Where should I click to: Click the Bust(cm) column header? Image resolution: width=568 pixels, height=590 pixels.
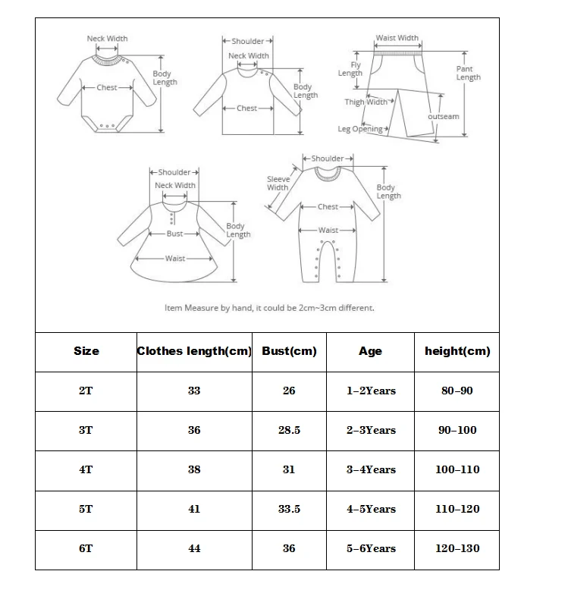[x=289, y=351]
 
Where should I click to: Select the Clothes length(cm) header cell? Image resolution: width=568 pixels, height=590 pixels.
[x=194, y=351]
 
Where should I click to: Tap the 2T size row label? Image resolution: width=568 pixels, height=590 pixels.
[x=86, y=391]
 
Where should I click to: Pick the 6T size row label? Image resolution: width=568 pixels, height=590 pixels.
[x=86, y=548]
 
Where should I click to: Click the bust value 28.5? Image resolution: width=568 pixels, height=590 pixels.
[x=289, y=430]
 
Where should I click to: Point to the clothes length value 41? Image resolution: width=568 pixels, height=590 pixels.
[x=194, y=509]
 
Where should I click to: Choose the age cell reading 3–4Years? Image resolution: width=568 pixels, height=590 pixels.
[x=371, y=469]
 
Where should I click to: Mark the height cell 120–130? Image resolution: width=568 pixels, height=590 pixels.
[x=457, y=548]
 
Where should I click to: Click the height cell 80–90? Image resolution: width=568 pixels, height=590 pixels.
[x=457, y=391]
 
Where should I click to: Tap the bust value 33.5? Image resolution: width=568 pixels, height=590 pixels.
[x=289, y=509]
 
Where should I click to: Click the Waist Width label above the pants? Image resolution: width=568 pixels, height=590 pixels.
[x=397, y=38]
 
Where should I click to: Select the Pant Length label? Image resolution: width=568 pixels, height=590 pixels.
[x=468, y=73]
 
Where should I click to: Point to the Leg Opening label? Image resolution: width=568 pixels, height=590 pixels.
[x=361, y=129]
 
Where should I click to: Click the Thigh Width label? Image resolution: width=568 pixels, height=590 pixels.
[x=366, y=102]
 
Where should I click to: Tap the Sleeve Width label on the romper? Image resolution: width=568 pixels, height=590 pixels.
[x=278, y=183]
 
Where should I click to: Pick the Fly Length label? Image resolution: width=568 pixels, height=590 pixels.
[x=350, y=69]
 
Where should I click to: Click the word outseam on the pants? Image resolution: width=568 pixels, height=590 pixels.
[x=444, y=117]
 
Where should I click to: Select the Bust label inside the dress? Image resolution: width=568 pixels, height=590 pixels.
[x=174, y=234]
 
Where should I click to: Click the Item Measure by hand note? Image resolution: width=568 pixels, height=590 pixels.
[x=269, y=308]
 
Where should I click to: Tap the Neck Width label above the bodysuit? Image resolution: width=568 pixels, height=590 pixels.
[x=107, y=39]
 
